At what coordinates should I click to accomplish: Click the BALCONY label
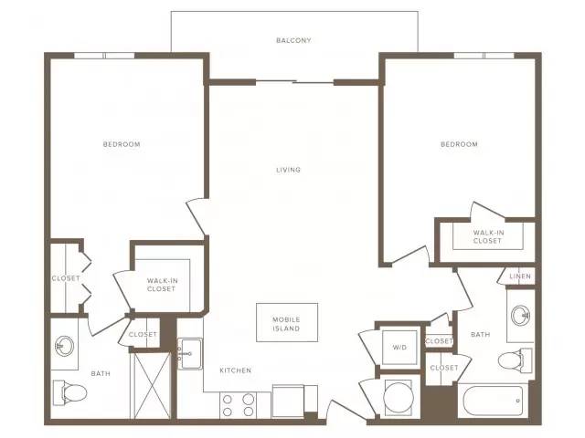tap(293, 40)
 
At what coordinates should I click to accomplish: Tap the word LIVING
tap(289, 170)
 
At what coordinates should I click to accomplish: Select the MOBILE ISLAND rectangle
tap(287, 322)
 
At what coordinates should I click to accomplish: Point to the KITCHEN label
tap(236, 370)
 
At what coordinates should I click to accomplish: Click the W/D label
tap(399, 348)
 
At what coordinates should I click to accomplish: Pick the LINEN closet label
tap(520, 276)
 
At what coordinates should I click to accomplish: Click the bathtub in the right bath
tap(493, 401)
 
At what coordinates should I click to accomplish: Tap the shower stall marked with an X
tap(153, 385)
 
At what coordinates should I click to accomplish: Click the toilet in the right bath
tap(516, 360)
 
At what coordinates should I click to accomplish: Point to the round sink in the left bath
tap(65, 346)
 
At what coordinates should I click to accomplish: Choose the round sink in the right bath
tap(521, 316)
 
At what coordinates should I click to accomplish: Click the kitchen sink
tap(190, 353)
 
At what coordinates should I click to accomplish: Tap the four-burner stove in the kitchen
tap(238, 405)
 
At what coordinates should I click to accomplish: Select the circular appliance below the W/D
tap(399, 397)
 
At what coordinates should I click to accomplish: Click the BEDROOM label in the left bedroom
tap(122, 144)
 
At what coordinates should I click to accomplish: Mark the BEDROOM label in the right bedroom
tap(459, 144)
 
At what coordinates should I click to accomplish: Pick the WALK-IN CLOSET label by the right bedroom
tap(488, 236)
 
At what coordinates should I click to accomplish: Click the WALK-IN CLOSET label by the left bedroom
tap(162, 285)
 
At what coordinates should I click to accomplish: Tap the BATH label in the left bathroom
tap(101, 373)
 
